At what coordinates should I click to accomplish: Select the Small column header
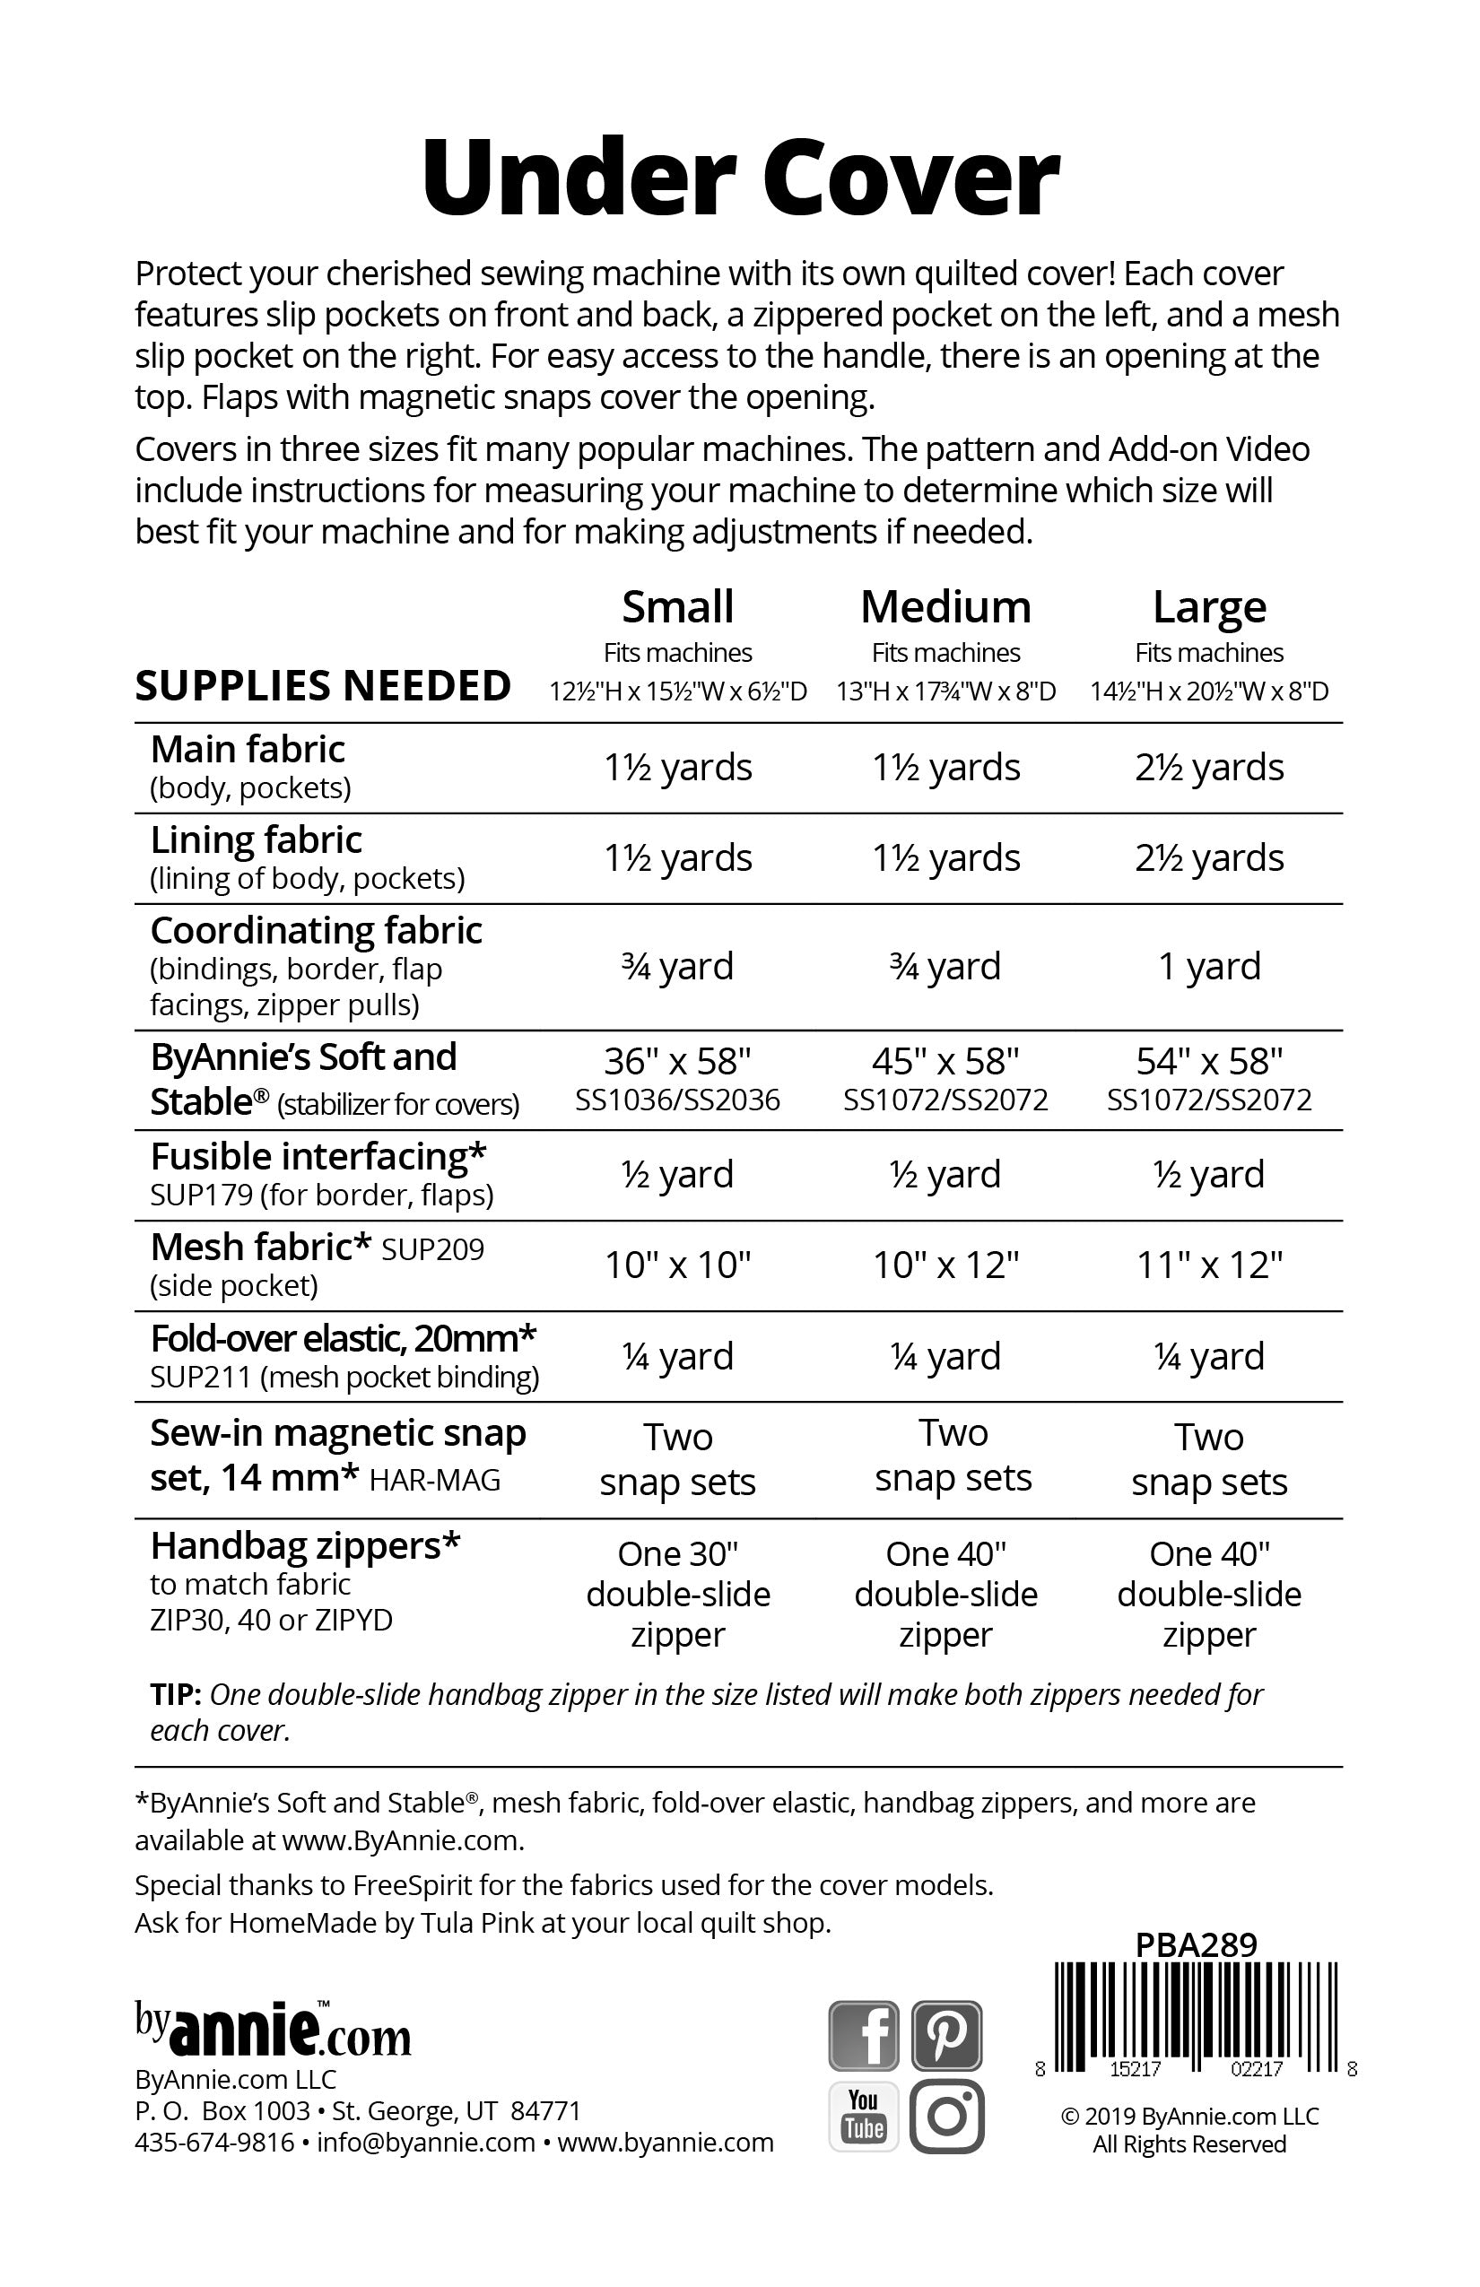677,607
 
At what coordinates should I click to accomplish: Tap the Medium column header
945,607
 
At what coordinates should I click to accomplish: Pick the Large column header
1209,607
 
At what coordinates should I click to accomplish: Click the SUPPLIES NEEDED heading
323,686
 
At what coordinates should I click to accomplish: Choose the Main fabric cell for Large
1209,767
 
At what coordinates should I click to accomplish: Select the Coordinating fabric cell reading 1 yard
1209,966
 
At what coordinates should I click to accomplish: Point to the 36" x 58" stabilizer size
677,1061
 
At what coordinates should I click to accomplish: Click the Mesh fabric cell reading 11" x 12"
1209,1265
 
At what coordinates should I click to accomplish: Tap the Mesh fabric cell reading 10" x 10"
677,1265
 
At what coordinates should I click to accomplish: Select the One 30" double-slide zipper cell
677,1595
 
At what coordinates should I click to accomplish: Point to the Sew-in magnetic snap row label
337,1455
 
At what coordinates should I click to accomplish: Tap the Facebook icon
863,2035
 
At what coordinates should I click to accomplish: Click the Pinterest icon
946,2035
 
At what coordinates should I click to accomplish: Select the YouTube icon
863,2116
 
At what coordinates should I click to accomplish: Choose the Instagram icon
946,2116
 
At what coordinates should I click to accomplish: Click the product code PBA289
1196,1945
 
